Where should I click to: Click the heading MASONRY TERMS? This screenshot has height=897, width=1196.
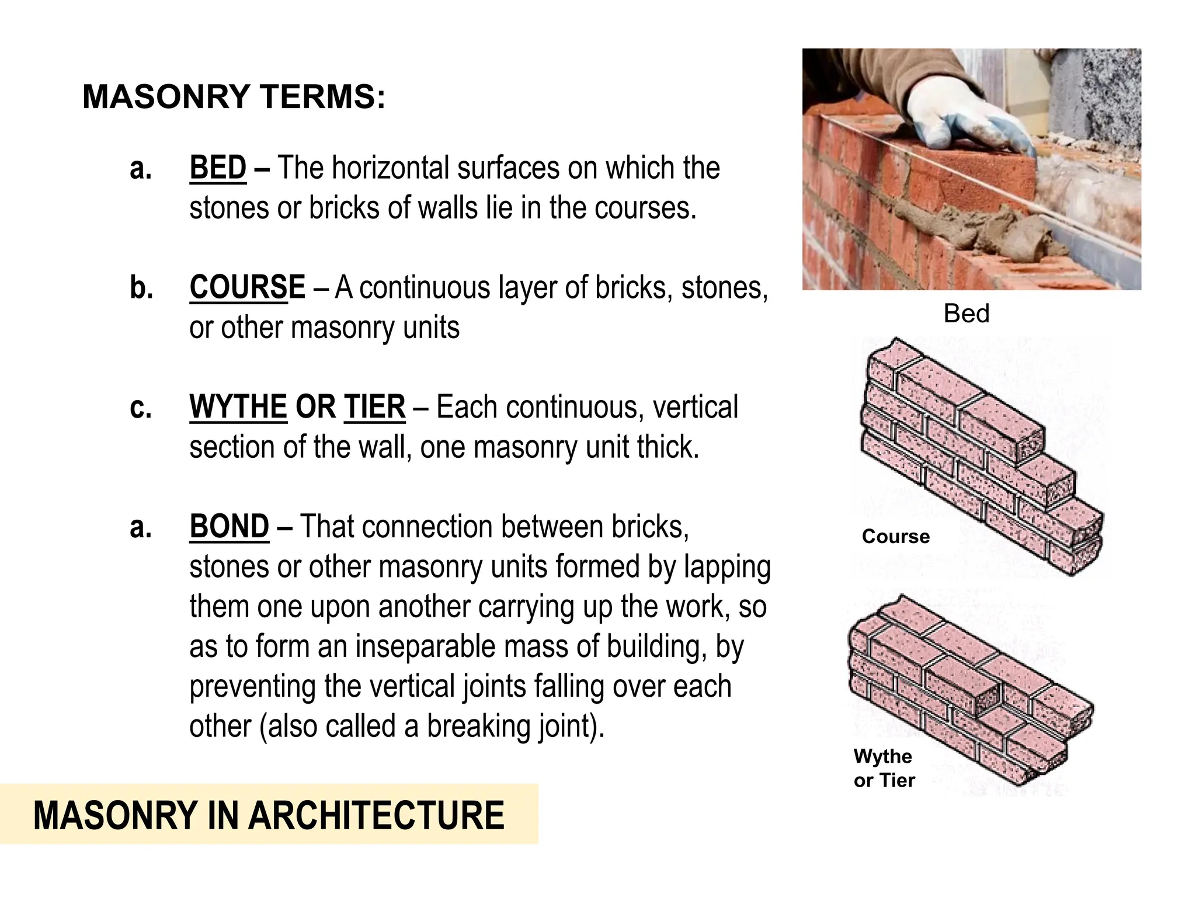click(x=234, y=96)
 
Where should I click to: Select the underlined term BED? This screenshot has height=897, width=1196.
click(x=218, y=168)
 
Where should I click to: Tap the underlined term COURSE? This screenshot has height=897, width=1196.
click(x=247, y=287)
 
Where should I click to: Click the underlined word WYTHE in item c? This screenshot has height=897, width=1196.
click(x=238, y=407)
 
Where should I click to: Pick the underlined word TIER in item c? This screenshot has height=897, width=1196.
click(x=374, y=407)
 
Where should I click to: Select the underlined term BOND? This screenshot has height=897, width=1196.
click(x=229, y=527)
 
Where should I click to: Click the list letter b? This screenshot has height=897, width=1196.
click(x=141, y=288)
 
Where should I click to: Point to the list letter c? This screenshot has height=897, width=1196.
click(x=141, y=408)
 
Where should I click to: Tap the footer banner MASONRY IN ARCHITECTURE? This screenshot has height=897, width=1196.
click(x=269, y=815)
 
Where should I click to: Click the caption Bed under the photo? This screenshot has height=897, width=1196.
click(x=966, y=314)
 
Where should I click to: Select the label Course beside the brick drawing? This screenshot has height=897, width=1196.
click(x=895, y=536)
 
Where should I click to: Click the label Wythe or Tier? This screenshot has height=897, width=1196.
click(x=884, y=768)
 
